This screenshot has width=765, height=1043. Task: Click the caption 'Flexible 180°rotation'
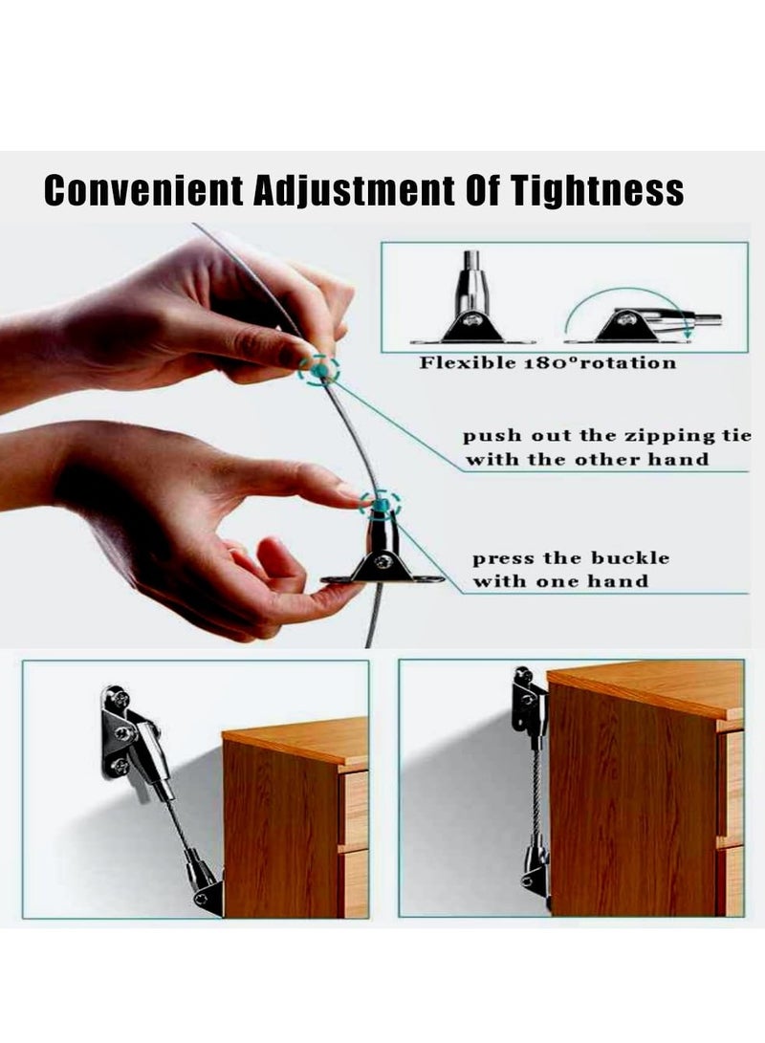point(547,362)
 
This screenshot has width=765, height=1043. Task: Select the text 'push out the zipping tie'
point(601,436)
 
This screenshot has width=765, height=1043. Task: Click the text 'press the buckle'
point(571,558)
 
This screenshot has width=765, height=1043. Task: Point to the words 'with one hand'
point(559,581)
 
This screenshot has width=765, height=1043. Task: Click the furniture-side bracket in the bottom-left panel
point(204,884)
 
